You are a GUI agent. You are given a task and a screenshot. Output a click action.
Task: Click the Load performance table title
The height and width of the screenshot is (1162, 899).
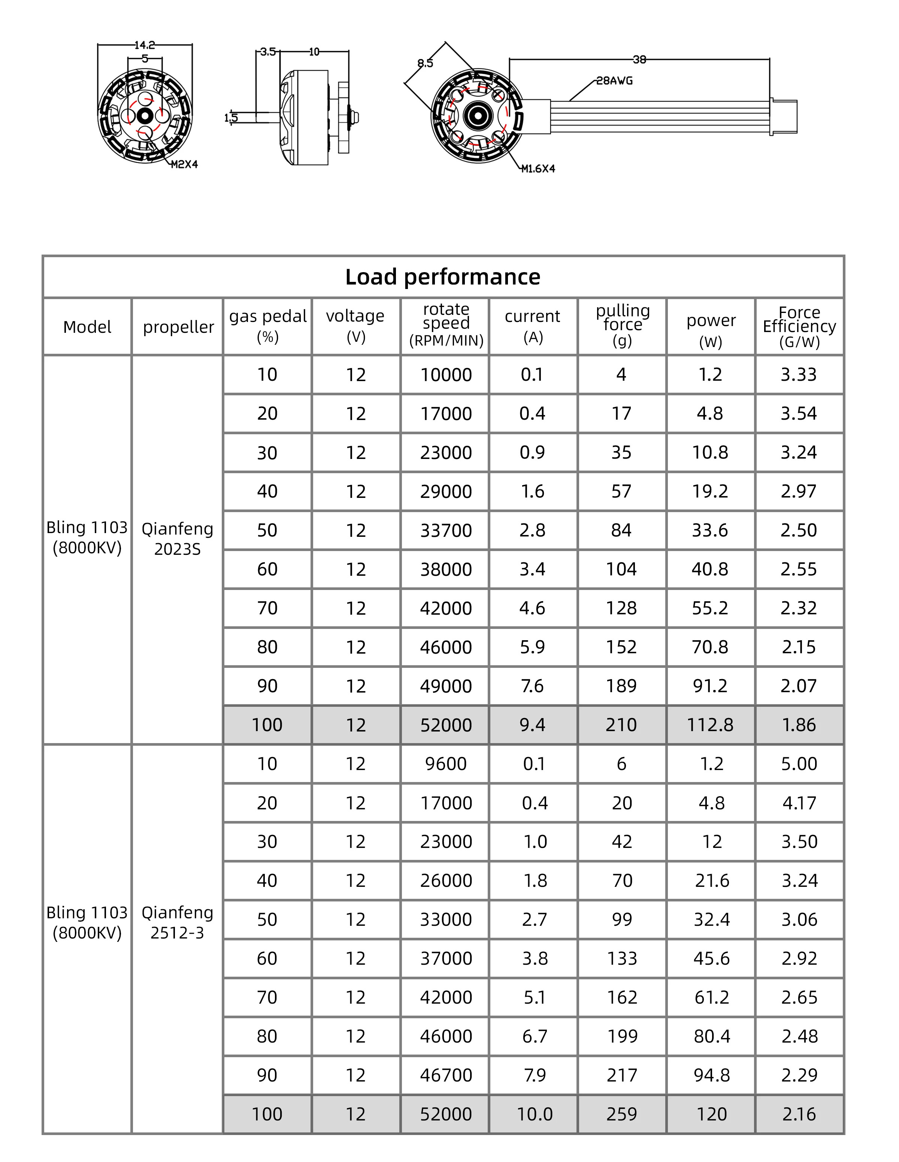click(442, 277)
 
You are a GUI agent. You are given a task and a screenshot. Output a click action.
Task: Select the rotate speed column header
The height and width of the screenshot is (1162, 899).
click(446, 325)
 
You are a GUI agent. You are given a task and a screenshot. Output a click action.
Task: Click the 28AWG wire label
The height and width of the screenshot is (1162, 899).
click(614, 81)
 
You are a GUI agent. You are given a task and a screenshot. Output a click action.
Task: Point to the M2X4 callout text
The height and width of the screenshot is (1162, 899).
click(184, 164)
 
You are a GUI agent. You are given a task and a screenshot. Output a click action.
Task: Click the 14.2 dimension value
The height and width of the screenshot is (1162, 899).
click(144, 45)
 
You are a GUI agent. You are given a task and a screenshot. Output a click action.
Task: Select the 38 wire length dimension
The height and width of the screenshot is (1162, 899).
click(639, 60)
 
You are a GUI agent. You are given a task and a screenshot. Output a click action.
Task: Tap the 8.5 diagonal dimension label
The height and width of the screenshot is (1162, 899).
click(425, 63)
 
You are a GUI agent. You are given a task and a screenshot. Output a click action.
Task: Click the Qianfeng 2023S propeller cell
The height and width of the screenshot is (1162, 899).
click(177, 538)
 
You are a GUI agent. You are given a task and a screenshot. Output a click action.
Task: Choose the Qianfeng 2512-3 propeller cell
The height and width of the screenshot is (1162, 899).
click(177, 922)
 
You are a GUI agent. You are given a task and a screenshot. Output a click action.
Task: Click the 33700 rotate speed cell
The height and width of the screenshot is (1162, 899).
click(446, 530)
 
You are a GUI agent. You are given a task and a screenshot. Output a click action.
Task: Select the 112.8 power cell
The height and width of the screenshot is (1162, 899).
click(710, 725)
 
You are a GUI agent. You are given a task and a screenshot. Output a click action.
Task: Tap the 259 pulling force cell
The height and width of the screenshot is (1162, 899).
click(622, 1114)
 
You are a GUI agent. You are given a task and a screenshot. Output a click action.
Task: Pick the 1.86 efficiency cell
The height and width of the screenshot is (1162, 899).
click(799, 725)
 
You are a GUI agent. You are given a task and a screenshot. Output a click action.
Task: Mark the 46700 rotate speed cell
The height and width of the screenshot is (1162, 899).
click(446, 1075)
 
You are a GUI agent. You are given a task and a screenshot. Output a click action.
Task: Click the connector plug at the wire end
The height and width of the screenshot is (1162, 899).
click(784, 116)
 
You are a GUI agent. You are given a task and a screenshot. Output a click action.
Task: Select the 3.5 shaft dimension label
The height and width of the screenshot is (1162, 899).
click(268, 52)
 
